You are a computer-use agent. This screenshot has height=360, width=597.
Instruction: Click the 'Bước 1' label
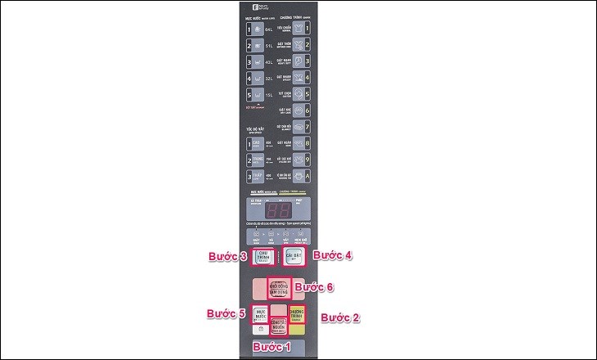(271, 348)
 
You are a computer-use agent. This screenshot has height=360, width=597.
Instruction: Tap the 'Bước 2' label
(339, 317)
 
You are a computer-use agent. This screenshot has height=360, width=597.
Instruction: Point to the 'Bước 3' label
(227, 256)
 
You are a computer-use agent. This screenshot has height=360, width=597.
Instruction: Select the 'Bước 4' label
(334, 255)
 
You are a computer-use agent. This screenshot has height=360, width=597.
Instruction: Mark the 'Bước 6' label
(316, 287)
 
